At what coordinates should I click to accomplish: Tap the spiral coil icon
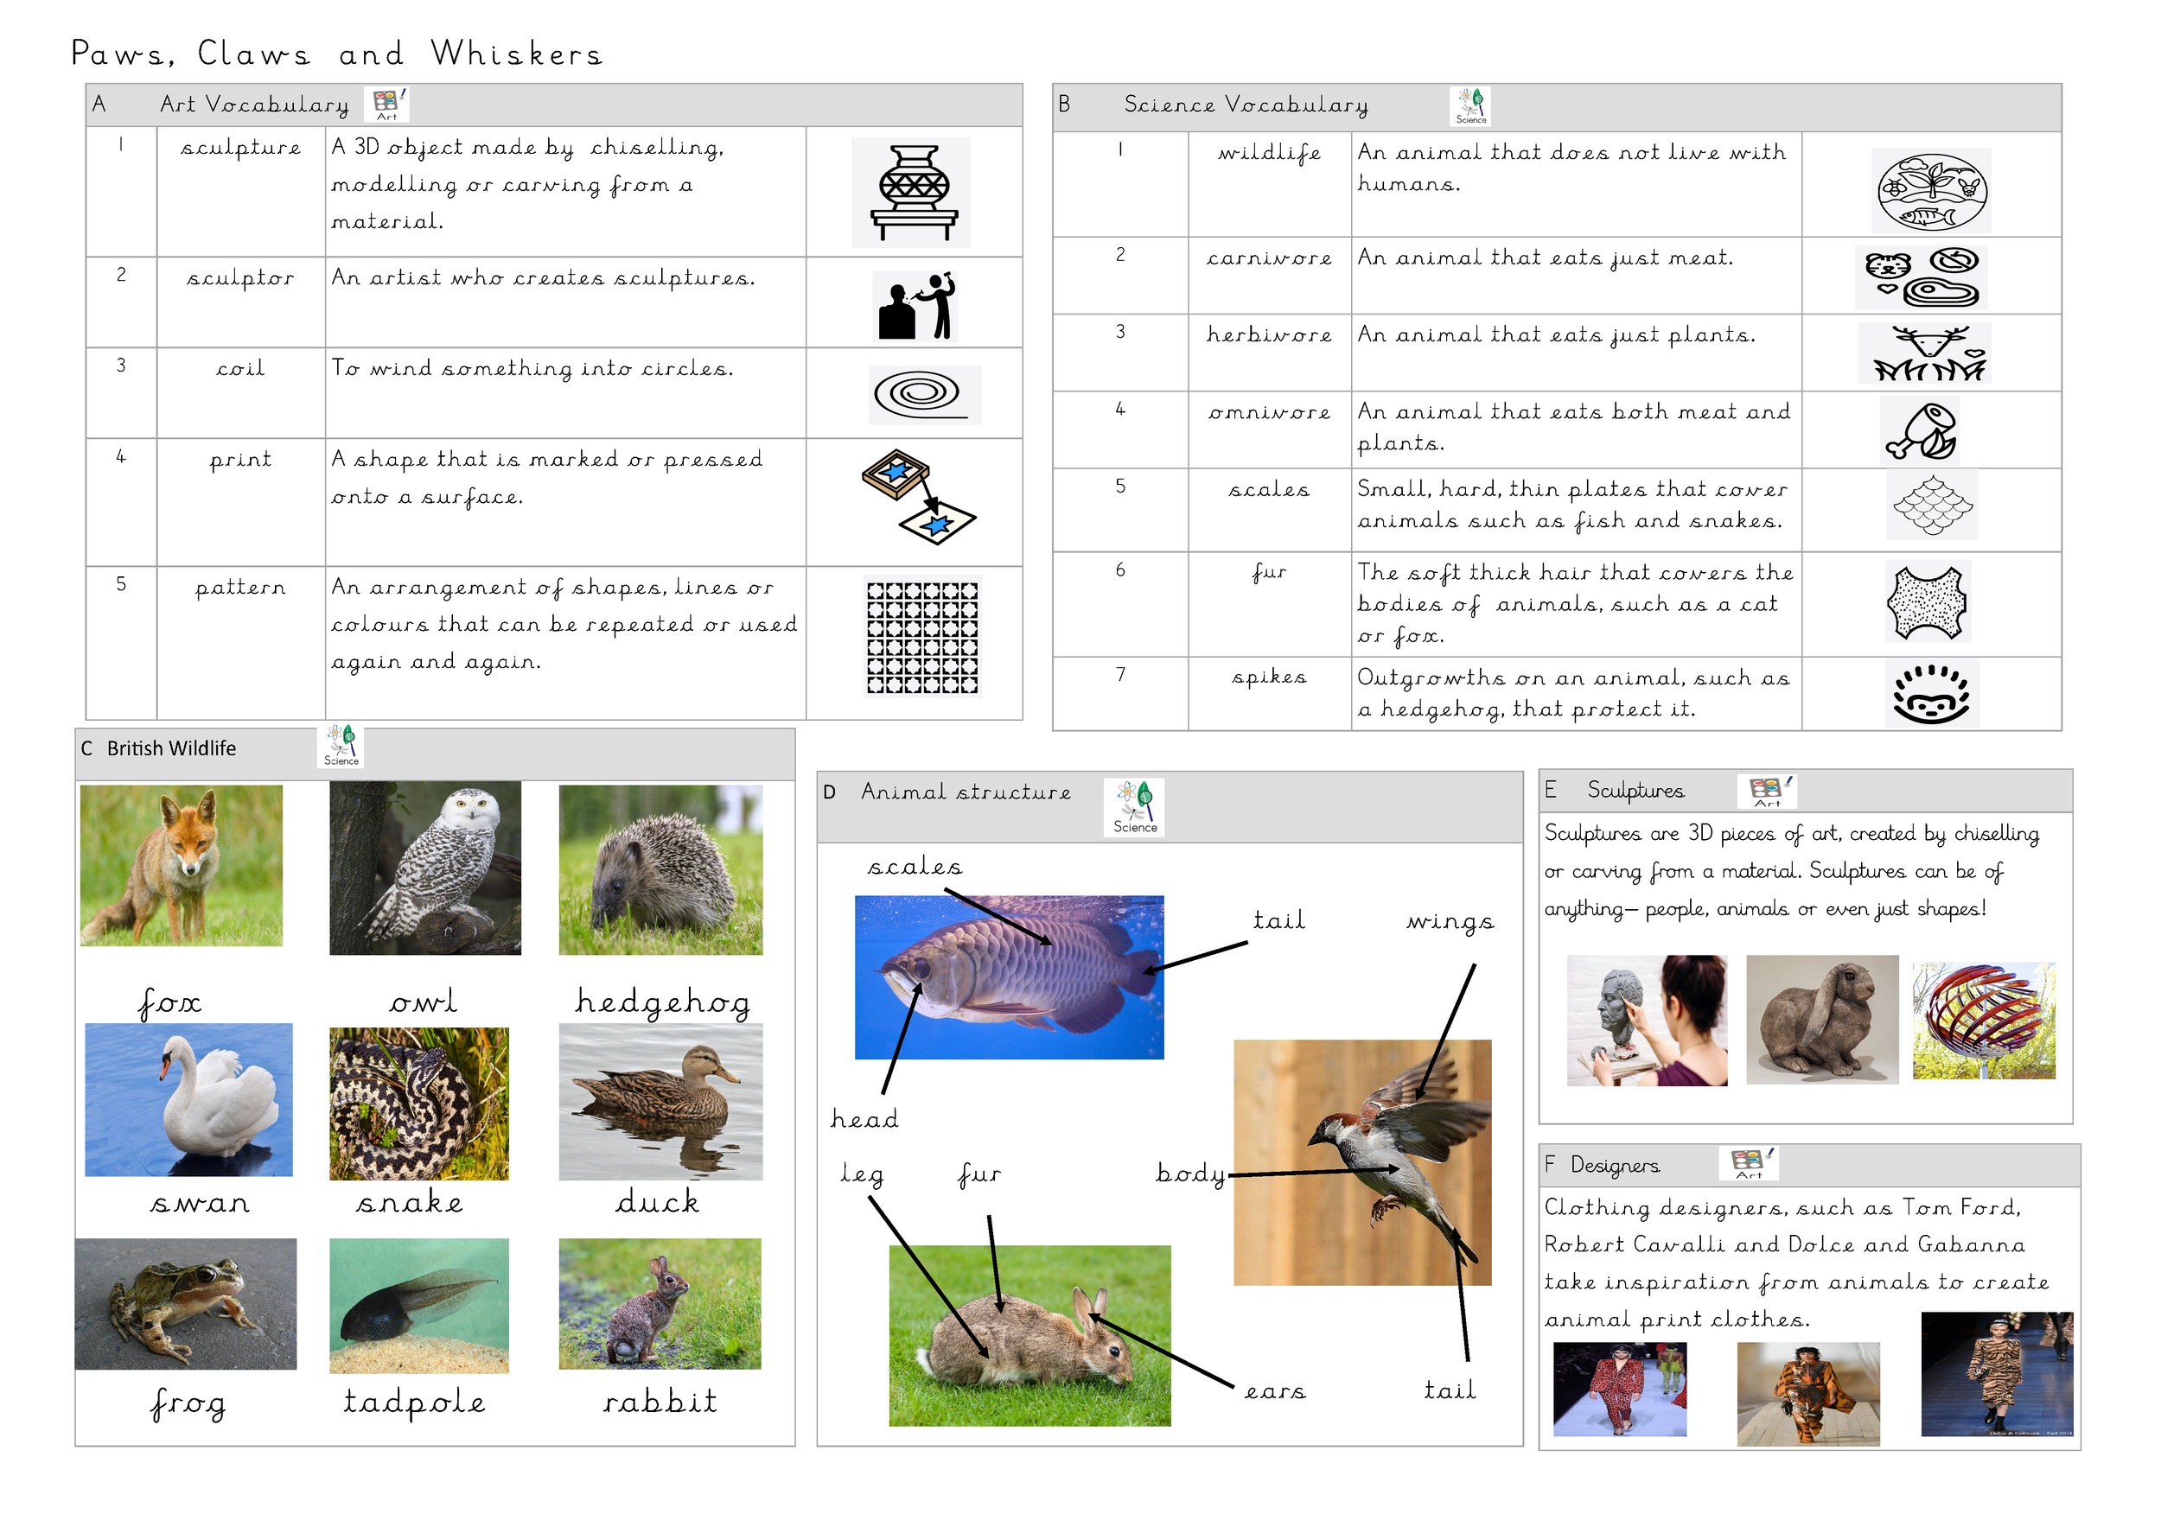click(x=923, y=395)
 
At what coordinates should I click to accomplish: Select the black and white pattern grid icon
click(x=922, y=636)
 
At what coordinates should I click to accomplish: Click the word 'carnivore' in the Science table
click(x=1269, y=258)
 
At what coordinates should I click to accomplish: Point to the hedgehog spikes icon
click(x=1931, y=693)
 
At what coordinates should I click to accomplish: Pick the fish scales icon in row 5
click(x=1932, y=505)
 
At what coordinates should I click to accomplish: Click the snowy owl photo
click(x=424, y=868)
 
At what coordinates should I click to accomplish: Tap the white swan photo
click(x=188, y=1100)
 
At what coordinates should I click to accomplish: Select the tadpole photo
click(x=419, y=1306)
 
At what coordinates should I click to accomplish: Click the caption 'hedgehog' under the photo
click(x=663, y=1002)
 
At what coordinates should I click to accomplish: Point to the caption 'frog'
click(x=187, y=1404)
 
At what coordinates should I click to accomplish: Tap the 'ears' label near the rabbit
click(x=1274, y=1391)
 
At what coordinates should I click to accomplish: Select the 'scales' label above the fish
click(x=915, y=867)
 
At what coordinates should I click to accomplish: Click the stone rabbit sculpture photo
click(x=1822, y=1020)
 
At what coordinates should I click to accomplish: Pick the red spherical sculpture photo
click(x=1984, y=1021)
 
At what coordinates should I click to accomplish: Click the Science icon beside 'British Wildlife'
click(x=341, y=746)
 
